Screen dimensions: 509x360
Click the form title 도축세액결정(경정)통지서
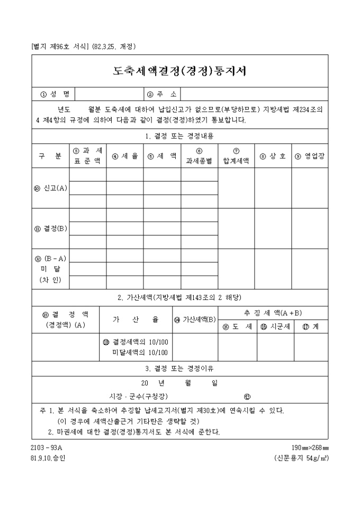tap(179, 71)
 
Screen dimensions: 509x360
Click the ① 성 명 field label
tap(55, 94)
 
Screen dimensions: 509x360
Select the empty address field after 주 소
tap(254, 94)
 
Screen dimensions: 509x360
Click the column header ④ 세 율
tap(124, 156)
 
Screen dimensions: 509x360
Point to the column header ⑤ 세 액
tap(161, 156)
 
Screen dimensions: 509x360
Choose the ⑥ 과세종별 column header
tap(199, 156)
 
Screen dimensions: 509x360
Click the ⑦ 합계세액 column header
tap(236, 156)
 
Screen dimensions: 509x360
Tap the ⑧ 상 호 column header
tap(273, 156)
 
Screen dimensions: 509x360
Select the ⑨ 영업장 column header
tap(310, 156)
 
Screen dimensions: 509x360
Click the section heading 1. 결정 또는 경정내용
tap(179, 136)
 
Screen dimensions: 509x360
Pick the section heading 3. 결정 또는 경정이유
tap(179, 368)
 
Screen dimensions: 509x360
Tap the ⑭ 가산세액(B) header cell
tap(195, 320)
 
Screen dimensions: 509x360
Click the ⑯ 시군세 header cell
tap(275, 327)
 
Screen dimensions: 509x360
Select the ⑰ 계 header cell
tap(311, 327)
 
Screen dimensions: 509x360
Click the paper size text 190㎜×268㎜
tap(310, 448)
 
